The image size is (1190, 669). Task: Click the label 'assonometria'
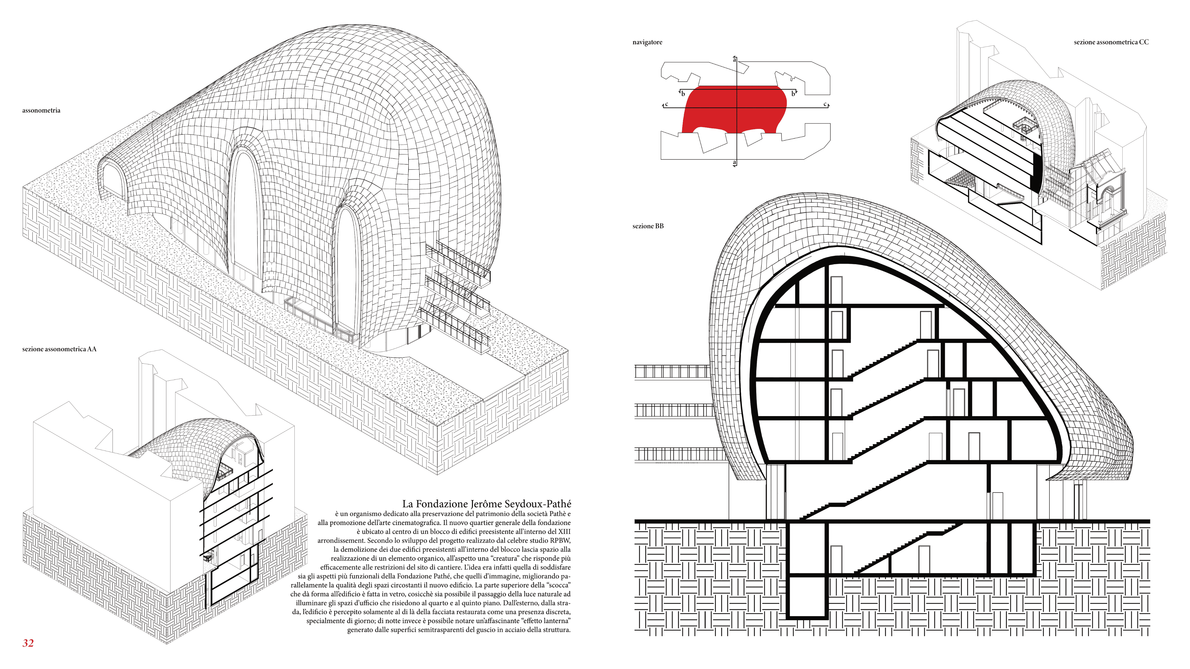41,110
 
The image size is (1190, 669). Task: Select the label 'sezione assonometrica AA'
59,349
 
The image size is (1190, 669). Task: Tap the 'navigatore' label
647,42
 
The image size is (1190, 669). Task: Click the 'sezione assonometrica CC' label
1111,42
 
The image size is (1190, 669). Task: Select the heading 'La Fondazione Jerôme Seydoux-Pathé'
486,504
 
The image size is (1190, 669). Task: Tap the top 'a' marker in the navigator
734,59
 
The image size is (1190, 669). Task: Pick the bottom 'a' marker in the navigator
734,163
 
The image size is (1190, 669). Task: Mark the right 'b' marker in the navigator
793,94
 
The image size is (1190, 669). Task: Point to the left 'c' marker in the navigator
666,104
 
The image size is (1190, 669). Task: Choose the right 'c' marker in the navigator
825,104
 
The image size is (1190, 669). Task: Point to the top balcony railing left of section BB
672,372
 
